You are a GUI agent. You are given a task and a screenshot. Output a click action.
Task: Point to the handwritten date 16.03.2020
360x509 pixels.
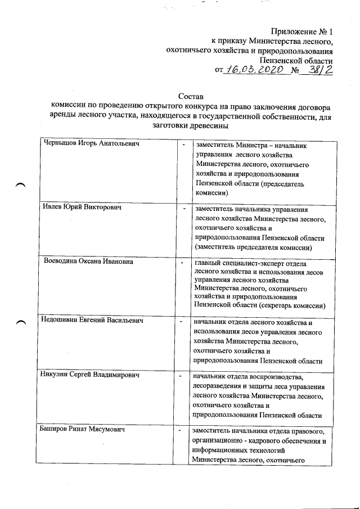[x=251, y=70]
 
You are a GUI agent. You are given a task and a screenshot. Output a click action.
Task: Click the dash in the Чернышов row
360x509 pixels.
[x=183, y=145]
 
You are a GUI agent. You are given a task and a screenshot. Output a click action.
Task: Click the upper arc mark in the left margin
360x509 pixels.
[x=21, y=185]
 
